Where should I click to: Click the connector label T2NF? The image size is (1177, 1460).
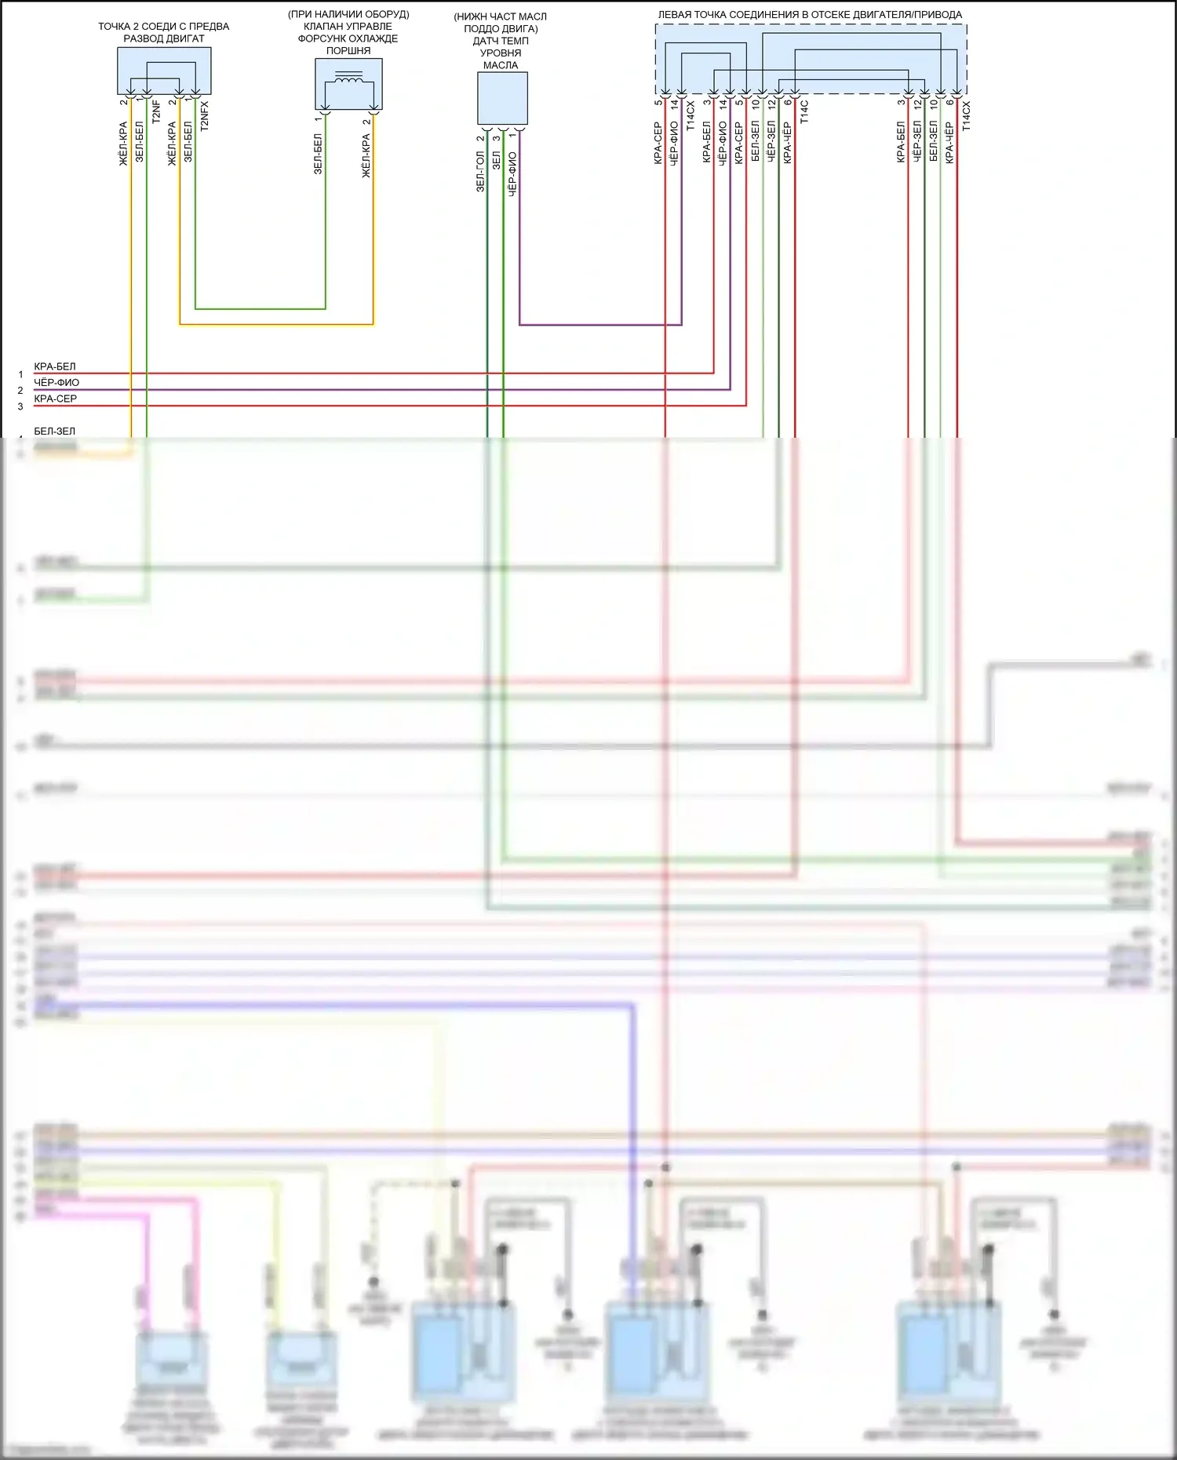[x=156, y=112]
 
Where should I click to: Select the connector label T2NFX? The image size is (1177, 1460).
[x=205, y=115]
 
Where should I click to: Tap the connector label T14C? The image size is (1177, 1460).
[x=804, y=111]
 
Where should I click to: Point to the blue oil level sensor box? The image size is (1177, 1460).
[x=502, y=98]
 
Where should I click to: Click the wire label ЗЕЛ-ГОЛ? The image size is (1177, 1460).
[x=480, y=172]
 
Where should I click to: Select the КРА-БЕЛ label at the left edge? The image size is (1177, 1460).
[x=55, y=366]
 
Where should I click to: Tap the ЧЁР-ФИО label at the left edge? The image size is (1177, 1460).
[x=56, y=383]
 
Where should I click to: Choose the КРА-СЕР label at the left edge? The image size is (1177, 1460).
[x=56, y=399]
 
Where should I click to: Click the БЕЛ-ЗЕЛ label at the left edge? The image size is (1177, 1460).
[x=55, y=431]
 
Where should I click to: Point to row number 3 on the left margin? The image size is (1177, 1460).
[x=20, y=406]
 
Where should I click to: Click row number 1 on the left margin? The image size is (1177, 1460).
[x=20, y=374]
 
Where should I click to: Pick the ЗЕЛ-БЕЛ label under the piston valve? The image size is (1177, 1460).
[x=318, y=154]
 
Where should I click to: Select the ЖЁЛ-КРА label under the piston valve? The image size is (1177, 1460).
[x=366, y=156]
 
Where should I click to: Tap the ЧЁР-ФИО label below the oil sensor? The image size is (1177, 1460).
[x=512, y=174]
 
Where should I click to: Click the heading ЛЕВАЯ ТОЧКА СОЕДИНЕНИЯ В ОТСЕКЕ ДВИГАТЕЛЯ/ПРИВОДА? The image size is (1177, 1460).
[x=810, y=14]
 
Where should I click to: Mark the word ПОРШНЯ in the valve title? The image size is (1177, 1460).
[x=348, y=51]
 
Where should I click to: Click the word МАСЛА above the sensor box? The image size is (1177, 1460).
[x=501, y=65]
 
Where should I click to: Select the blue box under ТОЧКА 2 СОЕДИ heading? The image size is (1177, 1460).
[x=164, y=71]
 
